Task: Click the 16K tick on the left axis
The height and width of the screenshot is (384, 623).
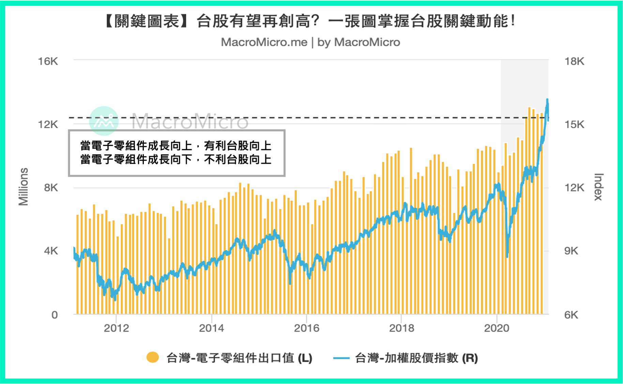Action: [48, 61]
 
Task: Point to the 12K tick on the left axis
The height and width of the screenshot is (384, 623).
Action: [48, 124]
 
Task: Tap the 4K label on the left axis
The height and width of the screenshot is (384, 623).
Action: [51, 251]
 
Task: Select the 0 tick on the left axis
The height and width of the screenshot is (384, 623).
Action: [55, 315]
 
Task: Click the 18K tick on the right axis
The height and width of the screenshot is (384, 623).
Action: [575, 61]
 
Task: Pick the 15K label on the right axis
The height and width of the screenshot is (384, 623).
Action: [575, 124]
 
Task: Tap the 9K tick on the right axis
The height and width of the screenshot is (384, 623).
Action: [571, 251]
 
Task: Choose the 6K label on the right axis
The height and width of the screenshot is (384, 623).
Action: [571, 315]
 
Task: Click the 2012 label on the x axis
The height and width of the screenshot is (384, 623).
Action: [117, 328]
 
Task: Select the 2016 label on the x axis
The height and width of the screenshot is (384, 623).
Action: [307, 328]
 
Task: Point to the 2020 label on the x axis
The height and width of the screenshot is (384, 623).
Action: [497, 328]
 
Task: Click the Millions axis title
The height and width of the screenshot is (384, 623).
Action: [23, 187]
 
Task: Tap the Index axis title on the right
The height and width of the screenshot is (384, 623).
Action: [598, 187]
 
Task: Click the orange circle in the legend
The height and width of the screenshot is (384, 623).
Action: [152, 357]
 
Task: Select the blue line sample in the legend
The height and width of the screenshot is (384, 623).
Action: [341, 358]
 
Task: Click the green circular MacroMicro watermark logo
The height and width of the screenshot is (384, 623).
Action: [104, 121]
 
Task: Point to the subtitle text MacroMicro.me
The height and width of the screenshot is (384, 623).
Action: [264, 42]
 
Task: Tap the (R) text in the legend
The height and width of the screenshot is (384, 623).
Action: [470, 358]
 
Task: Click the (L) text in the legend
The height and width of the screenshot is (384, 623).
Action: [305, 358]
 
